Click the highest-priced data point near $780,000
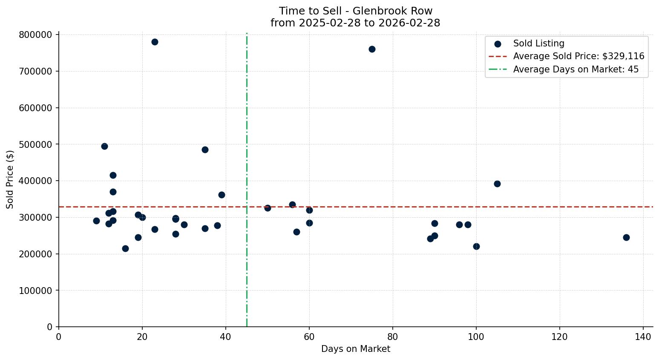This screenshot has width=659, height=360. point(155,42)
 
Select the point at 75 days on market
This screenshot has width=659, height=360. point(372,49)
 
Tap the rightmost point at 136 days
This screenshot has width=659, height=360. point(626,237)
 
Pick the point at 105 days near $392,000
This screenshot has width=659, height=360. point(497,184)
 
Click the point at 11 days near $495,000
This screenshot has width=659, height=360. point(104,146)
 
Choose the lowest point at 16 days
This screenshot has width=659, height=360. point(125,248)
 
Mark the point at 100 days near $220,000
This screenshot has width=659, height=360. point(476,246)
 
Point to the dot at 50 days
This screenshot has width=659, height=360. point(268,208)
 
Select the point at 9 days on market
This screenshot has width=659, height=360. point(96,221)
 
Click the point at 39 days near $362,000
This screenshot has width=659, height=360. point(222,195)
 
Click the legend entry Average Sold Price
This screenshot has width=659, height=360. point(578,56)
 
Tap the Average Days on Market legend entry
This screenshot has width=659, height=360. point(576,69)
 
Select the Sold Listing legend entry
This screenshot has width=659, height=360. point(538,43)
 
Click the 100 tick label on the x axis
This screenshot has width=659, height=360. point(476,337)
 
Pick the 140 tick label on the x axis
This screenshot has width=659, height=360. point(643,337)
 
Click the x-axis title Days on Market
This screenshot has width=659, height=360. point(356,349)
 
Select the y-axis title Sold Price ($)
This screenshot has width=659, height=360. point(10,179)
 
